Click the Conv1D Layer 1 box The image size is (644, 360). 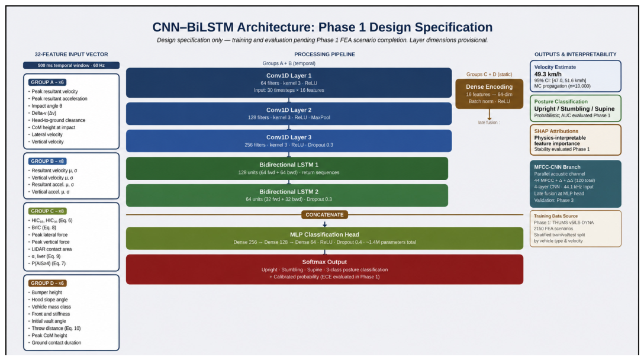289,83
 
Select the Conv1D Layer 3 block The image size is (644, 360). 289,141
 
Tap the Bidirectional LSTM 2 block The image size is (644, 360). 287,195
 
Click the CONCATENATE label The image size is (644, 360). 324,214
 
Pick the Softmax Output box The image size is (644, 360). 324,269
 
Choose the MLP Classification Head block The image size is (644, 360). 324,238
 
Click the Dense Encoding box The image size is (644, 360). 489,94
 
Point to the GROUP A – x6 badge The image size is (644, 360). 47,82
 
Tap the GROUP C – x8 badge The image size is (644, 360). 47,211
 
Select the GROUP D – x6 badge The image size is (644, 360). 47,283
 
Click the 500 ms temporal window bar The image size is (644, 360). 72,65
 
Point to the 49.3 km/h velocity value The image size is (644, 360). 548,74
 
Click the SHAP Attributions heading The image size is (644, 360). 556,131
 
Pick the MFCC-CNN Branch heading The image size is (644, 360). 558,167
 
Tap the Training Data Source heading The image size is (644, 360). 556,216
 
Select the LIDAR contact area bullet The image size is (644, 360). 50,249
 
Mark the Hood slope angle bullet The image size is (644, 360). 47,300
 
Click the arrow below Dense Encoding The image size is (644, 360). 489,114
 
